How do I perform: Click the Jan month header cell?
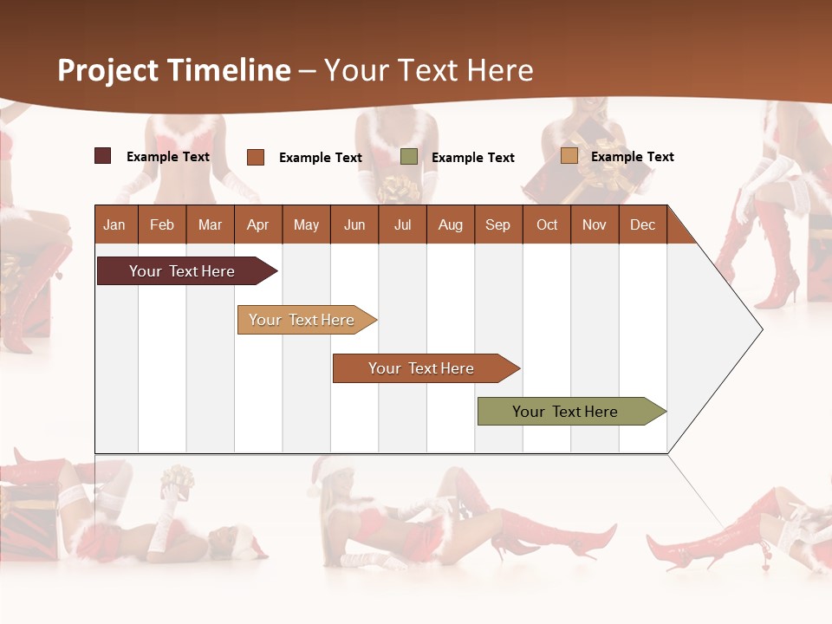click(114, 224)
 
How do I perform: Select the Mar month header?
click(210, 224)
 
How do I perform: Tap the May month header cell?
click(306, 224)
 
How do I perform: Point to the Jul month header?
click(402, 224)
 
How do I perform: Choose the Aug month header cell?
click(450, 224)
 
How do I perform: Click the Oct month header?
click(547, 224)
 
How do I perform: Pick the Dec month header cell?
click(642, 224)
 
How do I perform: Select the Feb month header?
click(162, 224)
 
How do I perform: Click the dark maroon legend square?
click(102, 156)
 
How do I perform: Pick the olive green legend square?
click(409, 157)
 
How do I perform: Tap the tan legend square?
click(569, 156)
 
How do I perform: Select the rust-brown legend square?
click(255, 157)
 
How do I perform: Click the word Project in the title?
click(107, 70)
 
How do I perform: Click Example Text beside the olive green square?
click(473, 158)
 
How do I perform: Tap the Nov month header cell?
click(594, 224)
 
